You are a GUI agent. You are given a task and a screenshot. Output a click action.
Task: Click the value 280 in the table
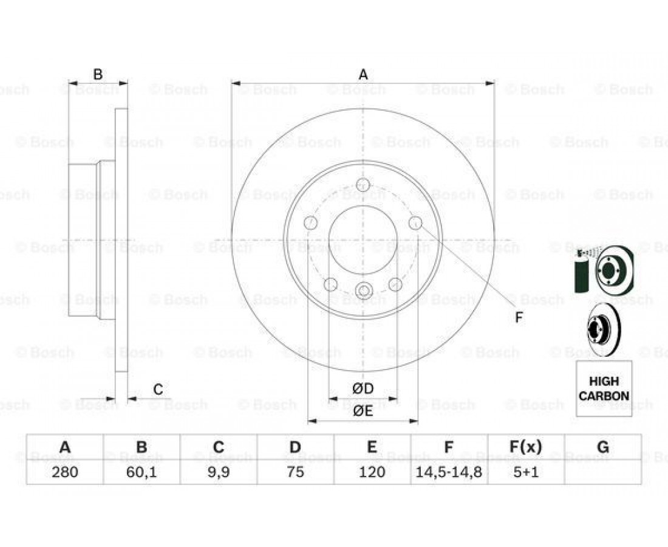tap(64, 472)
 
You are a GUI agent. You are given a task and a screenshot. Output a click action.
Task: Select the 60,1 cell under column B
tap(141, 472)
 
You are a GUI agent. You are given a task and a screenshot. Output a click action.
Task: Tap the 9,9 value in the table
tap(219, 472)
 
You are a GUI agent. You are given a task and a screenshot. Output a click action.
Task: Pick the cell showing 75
tap(295, 472)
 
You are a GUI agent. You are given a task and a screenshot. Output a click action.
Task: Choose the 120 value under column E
tap(372, 472)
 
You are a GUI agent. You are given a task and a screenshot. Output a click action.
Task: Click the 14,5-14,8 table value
tap(449, 472)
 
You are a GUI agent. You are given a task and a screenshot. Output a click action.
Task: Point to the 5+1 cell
tap(526, 472)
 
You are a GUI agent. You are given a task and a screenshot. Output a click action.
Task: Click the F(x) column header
tap(526, 447)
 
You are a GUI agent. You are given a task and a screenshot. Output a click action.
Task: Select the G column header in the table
tap(603, 447)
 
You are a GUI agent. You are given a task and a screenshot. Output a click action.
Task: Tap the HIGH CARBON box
tap(604, 388)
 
